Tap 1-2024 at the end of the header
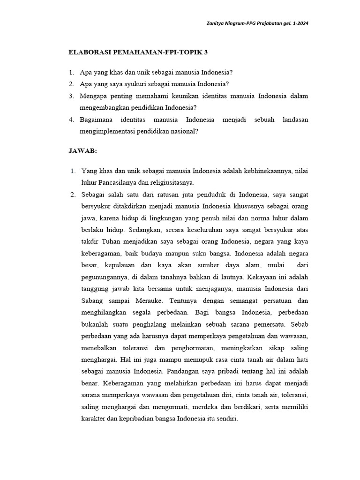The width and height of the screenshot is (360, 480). (x=299, y=23)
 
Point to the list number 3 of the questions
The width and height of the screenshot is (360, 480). (x=71, y=96)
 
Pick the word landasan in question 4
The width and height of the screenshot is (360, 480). (x=295, y=120)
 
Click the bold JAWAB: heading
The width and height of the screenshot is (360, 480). (x=82, y=151)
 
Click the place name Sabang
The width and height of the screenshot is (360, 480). (x=93, y=300)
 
